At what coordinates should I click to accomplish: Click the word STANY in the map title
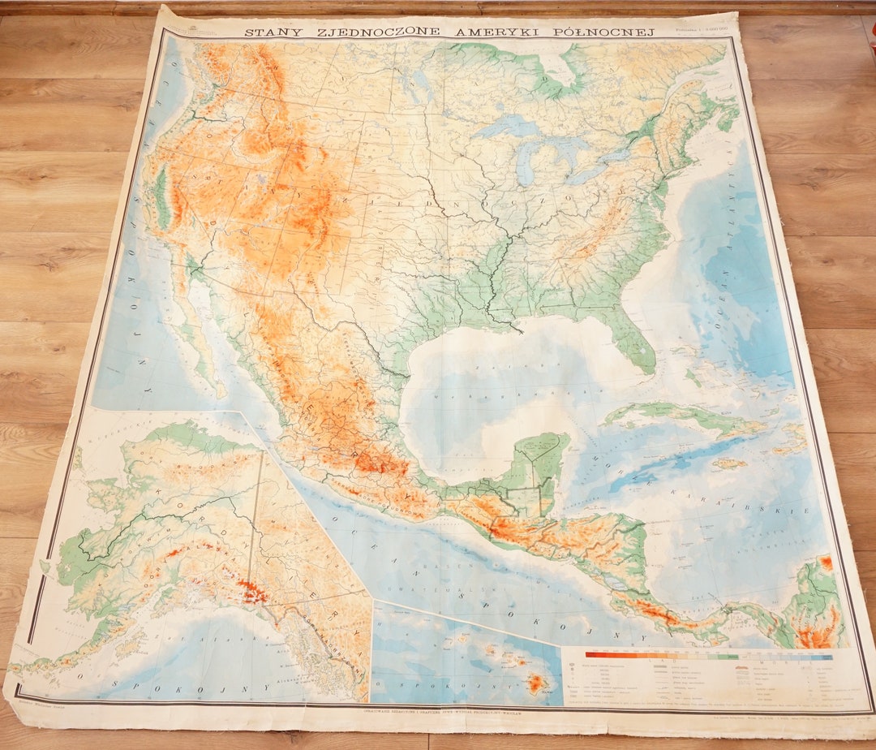[272, 32]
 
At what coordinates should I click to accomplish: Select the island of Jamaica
[728, 464]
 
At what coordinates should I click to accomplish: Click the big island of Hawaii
[535, 683]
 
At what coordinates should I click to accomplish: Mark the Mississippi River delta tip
[516, 330]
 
